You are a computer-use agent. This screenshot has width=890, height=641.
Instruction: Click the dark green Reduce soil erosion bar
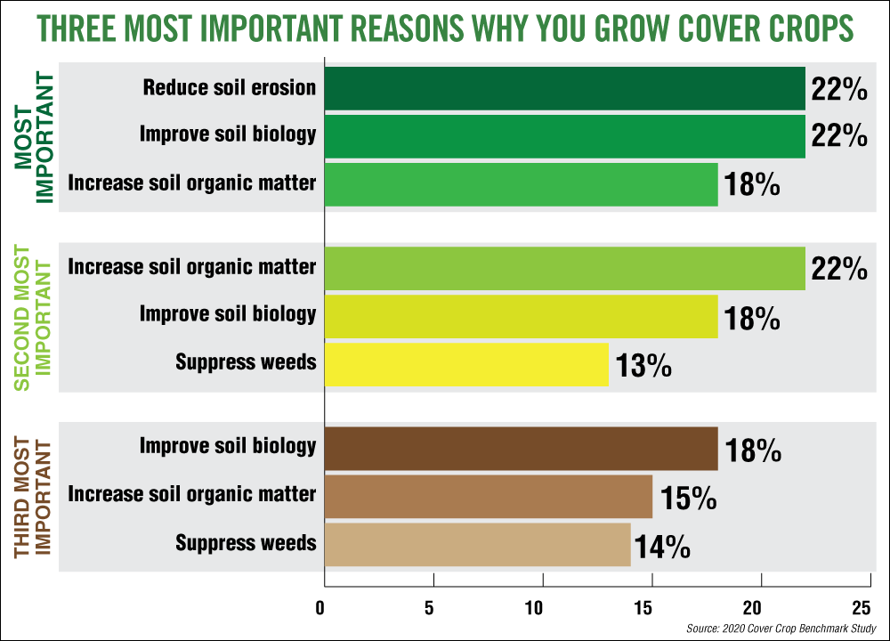[x=564, y=88]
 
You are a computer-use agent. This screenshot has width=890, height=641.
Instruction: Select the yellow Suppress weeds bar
[x=466, y=363]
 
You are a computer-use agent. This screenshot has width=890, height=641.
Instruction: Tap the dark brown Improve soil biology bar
[x=521, y=448]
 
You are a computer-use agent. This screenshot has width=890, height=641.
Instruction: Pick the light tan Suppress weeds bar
[x=478, y=544]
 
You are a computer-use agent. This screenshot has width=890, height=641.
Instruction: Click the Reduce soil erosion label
[x=229, y=87]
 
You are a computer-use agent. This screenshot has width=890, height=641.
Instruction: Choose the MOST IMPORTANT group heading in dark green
[x=34, y=136]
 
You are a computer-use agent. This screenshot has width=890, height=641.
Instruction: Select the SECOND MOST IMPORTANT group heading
[x=34, y=316]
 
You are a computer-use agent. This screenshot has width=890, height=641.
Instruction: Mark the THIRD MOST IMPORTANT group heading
[x=34, y=497]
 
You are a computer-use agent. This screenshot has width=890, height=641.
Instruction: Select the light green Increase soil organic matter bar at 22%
[x=564, y=269]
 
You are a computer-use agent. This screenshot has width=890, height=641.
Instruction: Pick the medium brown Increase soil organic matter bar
[x=488, y=496]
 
